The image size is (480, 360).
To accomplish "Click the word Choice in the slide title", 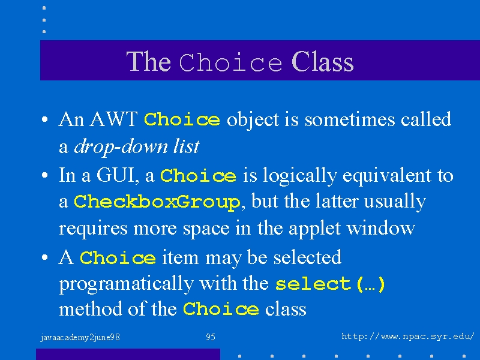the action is [x=230, y=62].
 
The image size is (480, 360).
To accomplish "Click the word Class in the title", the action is [x=323, y=62].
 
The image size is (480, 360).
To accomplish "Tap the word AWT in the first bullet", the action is [x=113, y=119].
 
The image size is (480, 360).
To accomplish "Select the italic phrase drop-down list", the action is [x=137, y=146].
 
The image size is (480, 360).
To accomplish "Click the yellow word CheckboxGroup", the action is [x=157, y=202].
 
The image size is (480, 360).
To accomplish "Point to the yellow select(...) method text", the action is [x=330, y=284].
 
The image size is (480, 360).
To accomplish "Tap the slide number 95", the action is [x=211, y=337].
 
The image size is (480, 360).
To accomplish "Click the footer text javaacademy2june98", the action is [x=80, y=338].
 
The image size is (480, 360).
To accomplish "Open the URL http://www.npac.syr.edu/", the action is [x=408, y=337].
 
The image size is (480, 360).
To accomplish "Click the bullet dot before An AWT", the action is [x=44, y=119].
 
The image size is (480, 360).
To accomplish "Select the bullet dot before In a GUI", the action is [x=44, y=175].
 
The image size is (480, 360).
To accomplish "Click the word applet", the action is [x=314, y=229].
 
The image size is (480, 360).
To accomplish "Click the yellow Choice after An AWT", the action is [x=182, y=119].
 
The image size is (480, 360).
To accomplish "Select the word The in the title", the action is [x=148, y=62].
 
